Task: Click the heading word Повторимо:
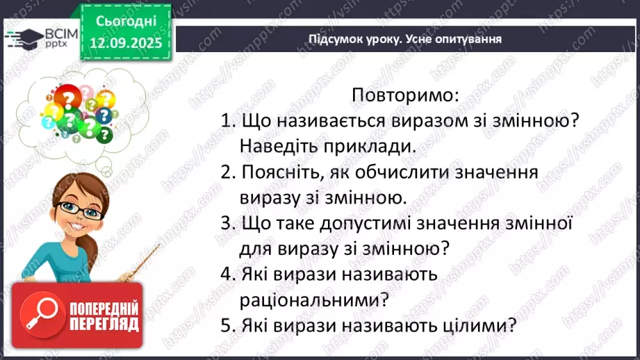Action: (406, 94)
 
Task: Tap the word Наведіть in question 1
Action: (273, 146)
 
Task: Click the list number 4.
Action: (225, 274)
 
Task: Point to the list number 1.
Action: (225, 120)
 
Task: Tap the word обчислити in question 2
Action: (424, 172)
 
